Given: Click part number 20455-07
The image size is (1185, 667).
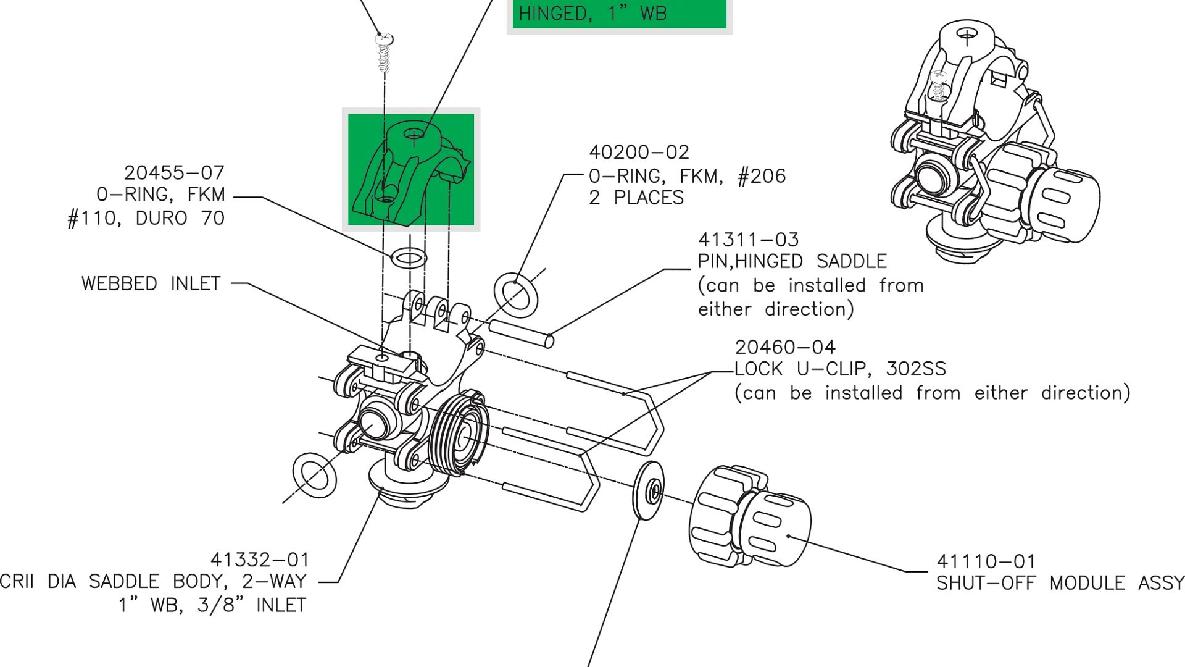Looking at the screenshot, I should [174, 172].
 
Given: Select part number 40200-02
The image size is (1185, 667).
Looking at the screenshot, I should [639, 152].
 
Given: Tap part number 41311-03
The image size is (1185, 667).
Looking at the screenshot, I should [748, 240].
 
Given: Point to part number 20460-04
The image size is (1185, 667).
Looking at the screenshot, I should [784, 347].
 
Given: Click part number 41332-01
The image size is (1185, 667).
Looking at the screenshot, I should [259, 560].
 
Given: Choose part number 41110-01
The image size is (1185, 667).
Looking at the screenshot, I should [986, 561].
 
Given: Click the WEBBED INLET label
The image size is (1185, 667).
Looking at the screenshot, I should [151, 283].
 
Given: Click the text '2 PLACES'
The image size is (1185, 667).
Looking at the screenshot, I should [636, 198].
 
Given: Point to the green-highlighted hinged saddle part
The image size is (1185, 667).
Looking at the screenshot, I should [411, 170].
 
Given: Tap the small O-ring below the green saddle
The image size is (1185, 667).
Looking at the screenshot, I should [409, 258].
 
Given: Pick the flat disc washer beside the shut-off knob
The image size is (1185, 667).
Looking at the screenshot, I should [649, 491].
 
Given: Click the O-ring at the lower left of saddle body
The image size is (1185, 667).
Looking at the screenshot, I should [315, 475].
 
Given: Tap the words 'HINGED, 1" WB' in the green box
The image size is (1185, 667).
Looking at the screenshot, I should [592, 14].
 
